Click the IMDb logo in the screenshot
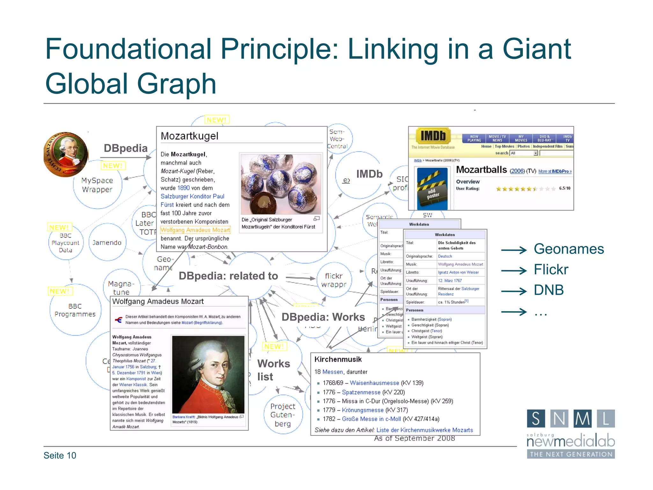point(433,136)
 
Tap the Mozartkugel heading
point(189,136)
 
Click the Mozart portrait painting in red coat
point(208,375)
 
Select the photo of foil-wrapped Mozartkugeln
point(281,184)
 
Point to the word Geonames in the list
point(569,249)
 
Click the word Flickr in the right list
point(551,270)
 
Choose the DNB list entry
point(549,290)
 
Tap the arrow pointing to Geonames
point(514,250)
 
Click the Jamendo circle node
point(107,243)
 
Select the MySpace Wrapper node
point(97,185)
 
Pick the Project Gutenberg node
point(283,415)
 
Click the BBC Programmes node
point(75,310)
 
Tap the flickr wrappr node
point(334,280)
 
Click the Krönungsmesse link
point(363,410)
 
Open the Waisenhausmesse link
point(374,383)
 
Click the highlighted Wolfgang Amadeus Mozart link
point(195,230)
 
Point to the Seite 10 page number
point(60,456)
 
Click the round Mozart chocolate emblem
point(66,154)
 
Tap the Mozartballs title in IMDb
point(481,170)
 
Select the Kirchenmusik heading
point(338,360)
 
